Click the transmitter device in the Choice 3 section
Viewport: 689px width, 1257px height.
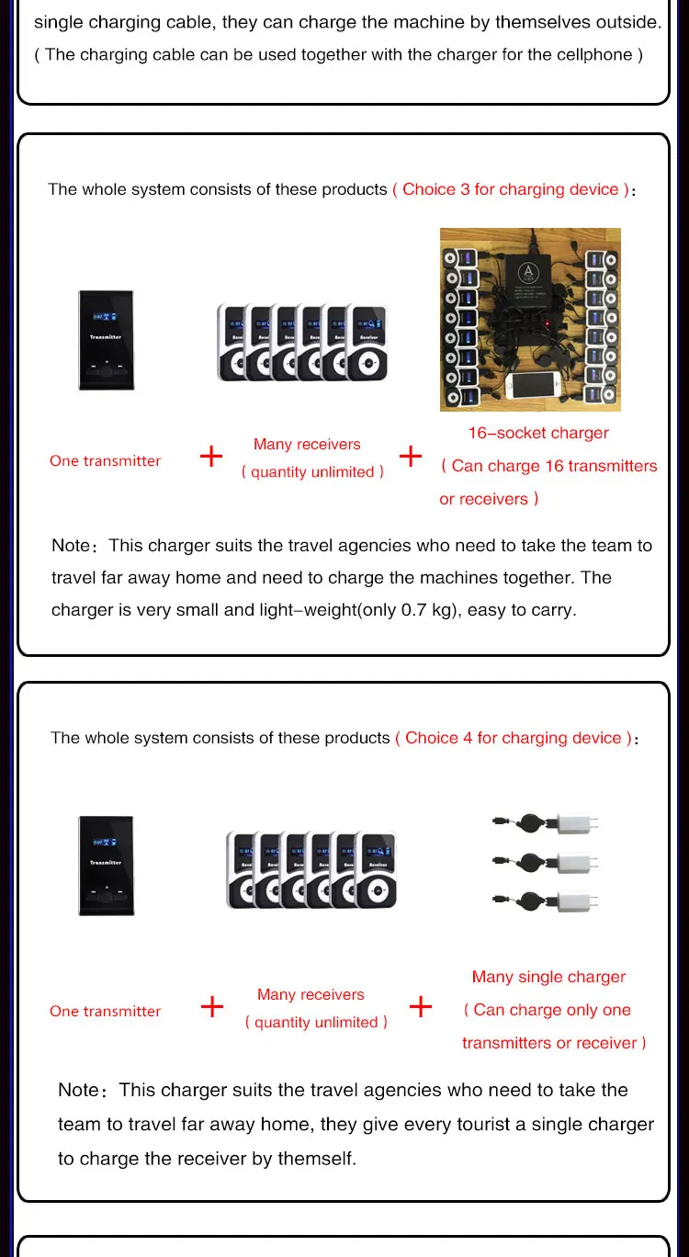(106, 340)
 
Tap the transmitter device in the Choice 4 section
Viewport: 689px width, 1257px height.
(106, 865)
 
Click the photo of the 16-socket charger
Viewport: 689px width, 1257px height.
(530, 319)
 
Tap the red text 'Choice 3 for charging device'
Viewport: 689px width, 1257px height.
(511, 190)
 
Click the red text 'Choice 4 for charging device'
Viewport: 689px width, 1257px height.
(514, 738)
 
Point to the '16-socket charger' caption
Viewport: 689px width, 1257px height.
(538, 433)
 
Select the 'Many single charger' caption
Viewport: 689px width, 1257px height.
(548, 977)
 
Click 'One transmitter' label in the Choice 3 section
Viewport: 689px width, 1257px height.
(105, 461)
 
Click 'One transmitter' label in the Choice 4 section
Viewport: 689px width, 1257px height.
(105, 1011)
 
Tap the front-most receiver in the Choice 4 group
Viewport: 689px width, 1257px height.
(376, 869)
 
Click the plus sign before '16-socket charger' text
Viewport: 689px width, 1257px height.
(411, 456)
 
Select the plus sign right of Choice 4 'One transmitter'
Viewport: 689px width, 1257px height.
(212, 1006)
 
